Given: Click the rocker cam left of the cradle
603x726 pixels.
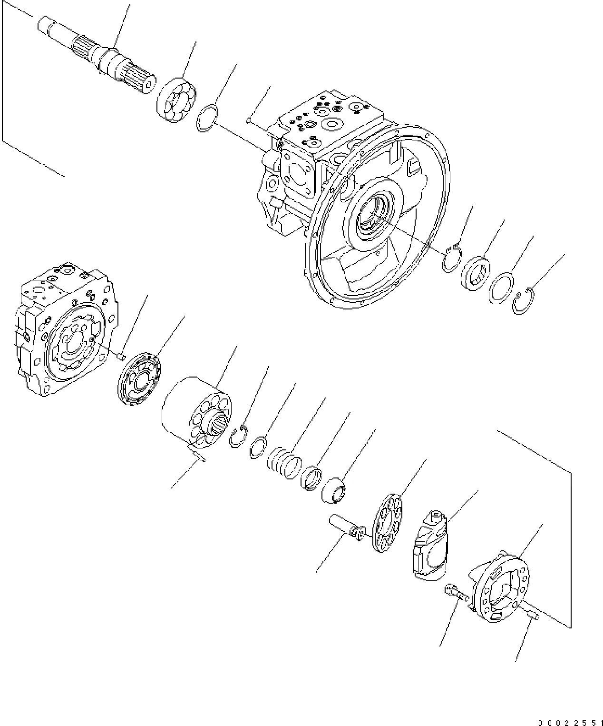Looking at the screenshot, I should (x=429, y=545).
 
